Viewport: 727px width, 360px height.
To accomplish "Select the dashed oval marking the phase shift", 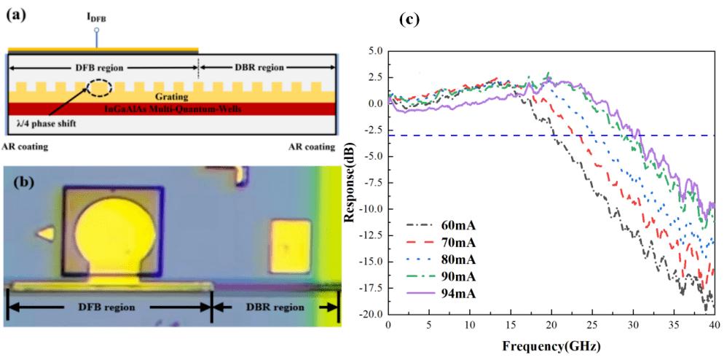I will click(x=100, y=87).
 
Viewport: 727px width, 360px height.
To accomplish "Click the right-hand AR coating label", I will click(x=311, y=147).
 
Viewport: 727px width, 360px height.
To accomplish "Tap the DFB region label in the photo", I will click(x=107, y=307).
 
